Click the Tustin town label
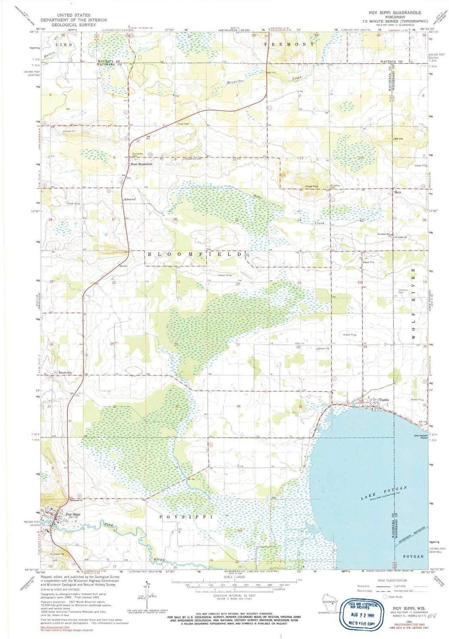[x=383, y=400]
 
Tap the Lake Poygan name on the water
[x=383, y=493]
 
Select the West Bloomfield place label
[x=141, y=164]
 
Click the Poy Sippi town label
[x=73, y=514]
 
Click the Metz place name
[x=397, y=193]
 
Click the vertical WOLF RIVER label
[x=414, y=304]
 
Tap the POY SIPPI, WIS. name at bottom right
[x=407, y=607]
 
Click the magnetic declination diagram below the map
[x=148, y=593]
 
